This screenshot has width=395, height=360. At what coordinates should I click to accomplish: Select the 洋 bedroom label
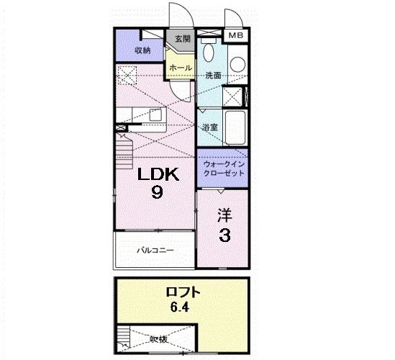click(224, 215)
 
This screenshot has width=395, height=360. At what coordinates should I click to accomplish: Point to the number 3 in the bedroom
click(224, 235)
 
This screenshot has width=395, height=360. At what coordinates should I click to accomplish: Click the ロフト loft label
click(183, 293)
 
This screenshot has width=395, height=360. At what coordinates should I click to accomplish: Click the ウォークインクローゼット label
click(223, 168)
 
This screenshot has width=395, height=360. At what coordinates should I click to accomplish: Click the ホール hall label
click(180, 68)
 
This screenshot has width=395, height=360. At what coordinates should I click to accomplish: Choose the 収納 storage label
click(142, 50)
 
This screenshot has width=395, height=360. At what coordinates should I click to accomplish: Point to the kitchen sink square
click(155, 114)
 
